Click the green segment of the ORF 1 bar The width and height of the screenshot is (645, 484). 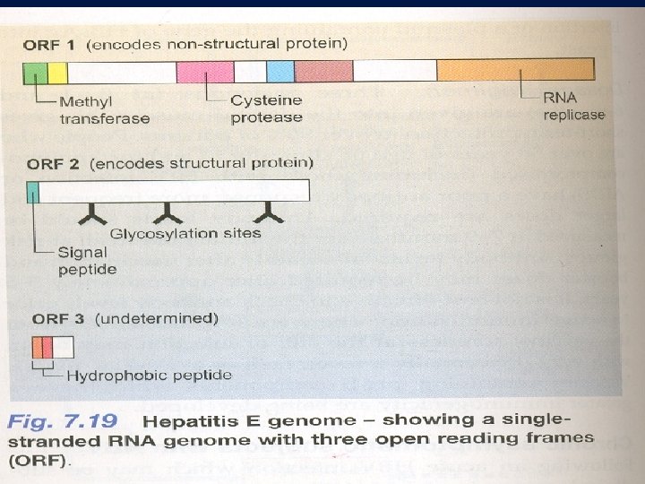(x=36, y=71)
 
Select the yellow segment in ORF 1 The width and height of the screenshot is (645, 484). (x=57, y=71)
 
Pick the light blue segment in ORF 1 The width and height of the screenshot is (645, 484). (x=280, y=71)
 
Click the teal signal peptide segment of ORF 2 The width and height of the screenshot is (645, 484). (x=33, y=190)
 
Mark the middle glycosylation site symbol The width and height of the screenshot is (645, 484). (x=167, y=213)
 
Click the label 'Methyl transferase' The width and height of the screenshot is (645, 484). (x=104, y=109)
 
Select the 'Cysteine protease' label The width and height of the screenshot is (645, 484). (x=266, y=108)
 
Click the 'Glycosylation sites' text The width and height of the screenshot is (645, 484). (x=185, y=233)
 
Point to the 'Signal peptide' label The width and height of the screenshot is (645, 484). (x=88, y=261)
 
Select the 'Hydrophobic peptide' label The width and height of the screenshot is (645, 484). (x=149, y=376)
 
